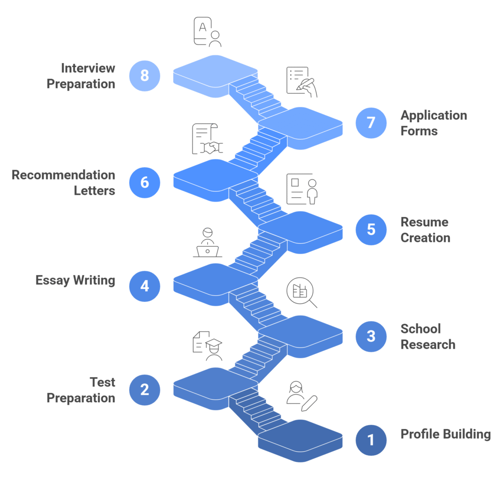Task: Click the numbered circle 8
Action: pos(145,76)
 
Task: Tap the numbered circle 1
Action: pos(371,440)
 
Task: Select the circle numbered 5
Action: pos(371,229)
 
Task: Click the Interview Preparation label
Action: pos(81,76)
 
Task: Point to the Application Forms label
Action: pos(433,123)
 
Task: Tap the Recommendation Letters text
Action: pos(64,183)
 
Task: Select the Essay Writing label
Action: pos(75,280)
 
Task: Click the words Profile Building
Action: pos(445,434)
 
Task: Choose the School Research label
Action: pos(428,336)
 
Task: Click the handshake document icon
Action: pos(206,140)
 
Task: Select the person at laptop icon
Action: pos(207,242)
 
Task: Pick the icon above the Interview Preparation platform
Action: pos(207,32)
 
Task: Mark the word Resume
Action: pos(424,222)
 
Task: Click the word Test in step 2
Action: pos(102,382)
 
